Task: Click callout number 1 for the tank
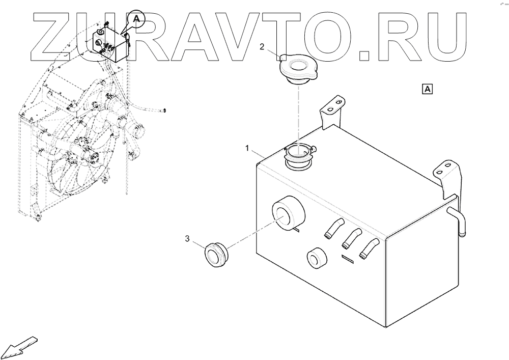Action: click(x=248, y=148)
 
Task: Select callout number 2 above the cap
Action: click(x=262, y=47)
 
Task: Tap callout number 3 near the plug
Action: click(x=188, y=238)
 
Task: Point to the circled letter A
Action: click(x=136, y=18)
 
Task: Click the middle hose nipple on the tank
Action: click(x=351, y=237)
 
